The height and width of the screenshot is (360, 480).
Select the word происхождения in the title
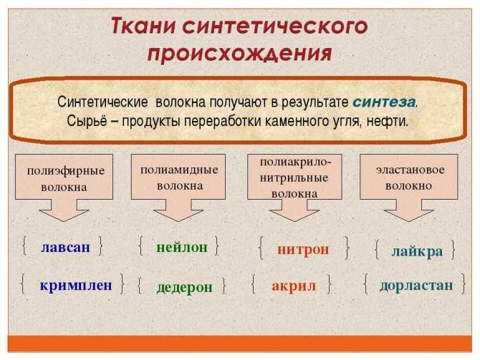[x=240, y=54]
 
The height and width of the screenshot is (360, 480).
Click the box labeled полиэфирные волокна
[x=64, y=177]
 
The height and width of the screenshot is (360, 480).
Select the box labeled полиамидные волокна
[x=178, y=177]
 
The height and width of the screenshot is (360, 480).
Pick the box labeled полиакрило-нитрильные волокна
[x=294, y=177]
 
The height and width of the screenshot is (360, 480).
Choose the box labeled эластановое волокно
[x=408, y=177]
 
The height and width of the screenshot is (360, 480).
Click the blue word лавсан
[x=65, y=247]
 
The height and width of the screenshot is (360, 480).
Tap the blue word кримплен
[x=76, y=286]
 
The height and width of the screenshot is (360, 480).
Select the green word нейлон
[x=182, y=247]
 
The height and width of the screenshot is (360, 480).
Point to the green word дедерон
[x=184, y=288]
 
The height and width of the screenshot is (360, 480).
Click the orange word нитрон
[x=303, y=249]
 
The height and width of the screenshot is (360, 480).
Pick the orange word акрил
[x=294, y=286]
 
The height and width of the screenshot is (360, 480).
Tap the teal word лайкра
[x=417, y=252]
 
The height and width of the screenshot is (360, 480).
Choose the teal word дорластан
[x=416, y=286]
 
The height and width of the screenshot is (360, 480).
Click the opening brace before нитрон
[x=261, y=248]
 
